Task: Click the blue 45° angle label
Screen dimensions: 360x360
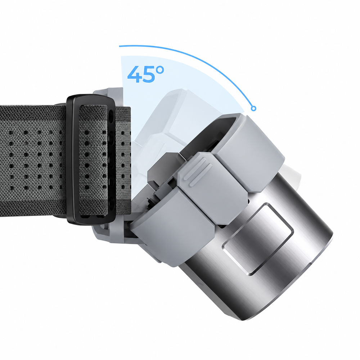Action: click(145, 74)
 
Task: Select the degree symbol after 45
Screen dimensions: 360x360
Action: click(160, 70)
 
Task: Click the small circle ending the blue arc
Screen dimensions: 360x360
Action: click(253, 108)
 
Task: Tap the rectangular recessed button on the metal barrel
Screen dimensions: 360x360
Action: click(258, 239)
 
